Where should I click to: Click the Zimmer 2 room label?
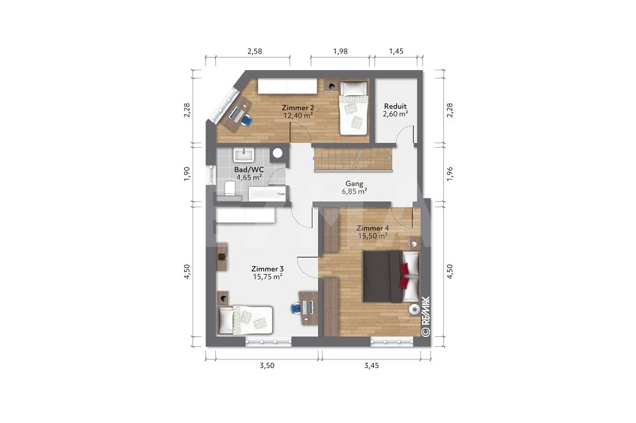pyautogui.click(x=297, y=108)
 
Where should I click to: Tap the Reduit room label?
pyautogui.click(x=396, y=106)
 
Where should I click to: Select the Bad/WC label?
pyautogui.click(x=248, y=169)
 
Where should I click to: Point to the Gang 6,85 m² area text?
pyautogui.click(x=354, y=187)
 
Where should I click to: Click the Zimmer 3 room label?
pyautogui.click(x=267, y=269)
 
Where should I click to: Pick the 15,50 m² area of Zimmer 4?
pyautogui.click(x=372, y=236)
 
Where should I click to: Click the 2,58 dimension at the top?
pyautogui.click(x=254, y=51)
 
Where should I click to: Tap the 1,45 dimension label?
pyautogui.click(x=396, y=51)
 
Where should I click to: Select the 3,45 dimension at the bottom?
pyautogui.click(x=371, y=365)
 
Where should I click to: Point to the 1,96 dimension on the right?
pyautogui.click(x=449, y=173)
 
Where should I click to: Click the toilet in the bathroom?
pyautogui.click(x=230, y=189)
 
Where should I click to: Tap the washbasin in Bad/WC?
pyautogui.click(x=244, y=155)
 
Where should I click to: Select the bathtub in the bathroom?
pyautogui.click(x=268, y=194)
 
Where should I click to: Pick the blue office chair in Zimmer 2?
pyautogui.click(x=246, y=119)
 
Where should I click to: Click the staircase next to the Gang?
pyautogui.click(x=354, y=160)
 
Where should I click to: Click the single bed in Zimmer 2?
pyautogui.click(x=353, y=108)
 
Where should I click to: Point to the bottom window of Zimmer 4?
pyautogui.click(x=392, y=342)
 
